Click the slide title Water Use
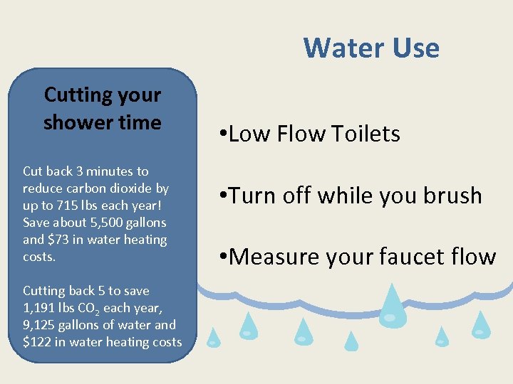[x=371, y=48]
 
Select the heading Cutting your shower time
[x=103, y=108]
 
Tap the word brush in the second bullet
[x=454, y=196]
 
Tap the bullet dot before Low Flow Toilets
[x=223, y=133]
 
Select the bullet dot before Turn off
[x=223, y=195]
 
